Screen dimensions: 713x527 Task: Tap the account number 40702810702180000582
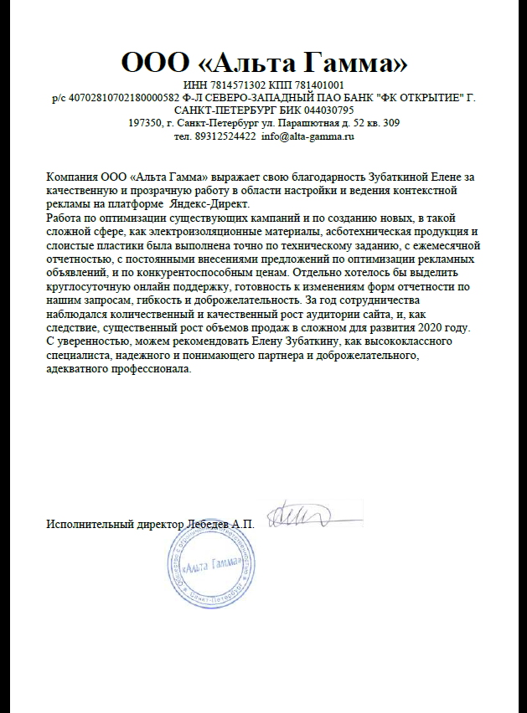pyautogui.click(x=118, y=98)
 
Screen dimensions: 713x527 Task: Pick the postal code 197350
pyautogui.click(x=144, y=123)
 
